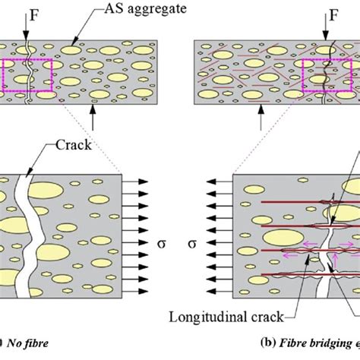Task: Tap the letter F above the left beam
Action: tap(25, 13)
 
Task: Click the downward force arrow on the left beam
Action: tap(27, 30)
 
